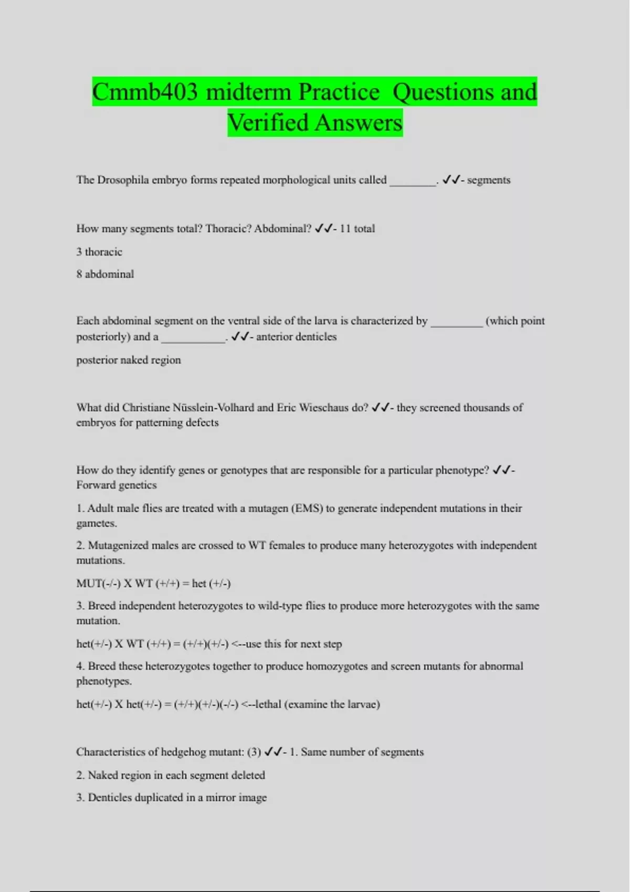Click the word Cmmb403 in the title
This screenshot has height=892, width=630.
coord(145,92)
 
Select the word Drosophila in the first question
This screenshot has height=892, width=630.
coord(123,180)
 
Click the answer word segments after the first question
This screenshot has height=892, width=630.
coord(488,180)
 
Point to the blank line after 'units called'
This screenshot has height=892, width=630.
coord(413,182)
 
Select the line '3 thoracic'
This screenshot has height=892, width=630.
coord(99,252)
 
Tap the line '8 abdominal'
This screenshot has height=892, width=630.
coord(105,274)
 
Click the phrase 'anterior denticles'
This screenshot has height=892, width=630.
coord(296,337)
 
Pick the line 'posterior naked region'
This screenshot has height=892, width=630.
coord(129,360)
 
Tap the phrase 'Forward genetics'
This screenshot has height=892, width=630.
coord(117,485)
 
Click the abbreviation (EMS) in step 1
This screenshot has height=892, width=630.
coord(307,508)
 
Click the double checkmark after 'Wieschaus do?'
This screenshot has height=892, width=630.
coord(381,408)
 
